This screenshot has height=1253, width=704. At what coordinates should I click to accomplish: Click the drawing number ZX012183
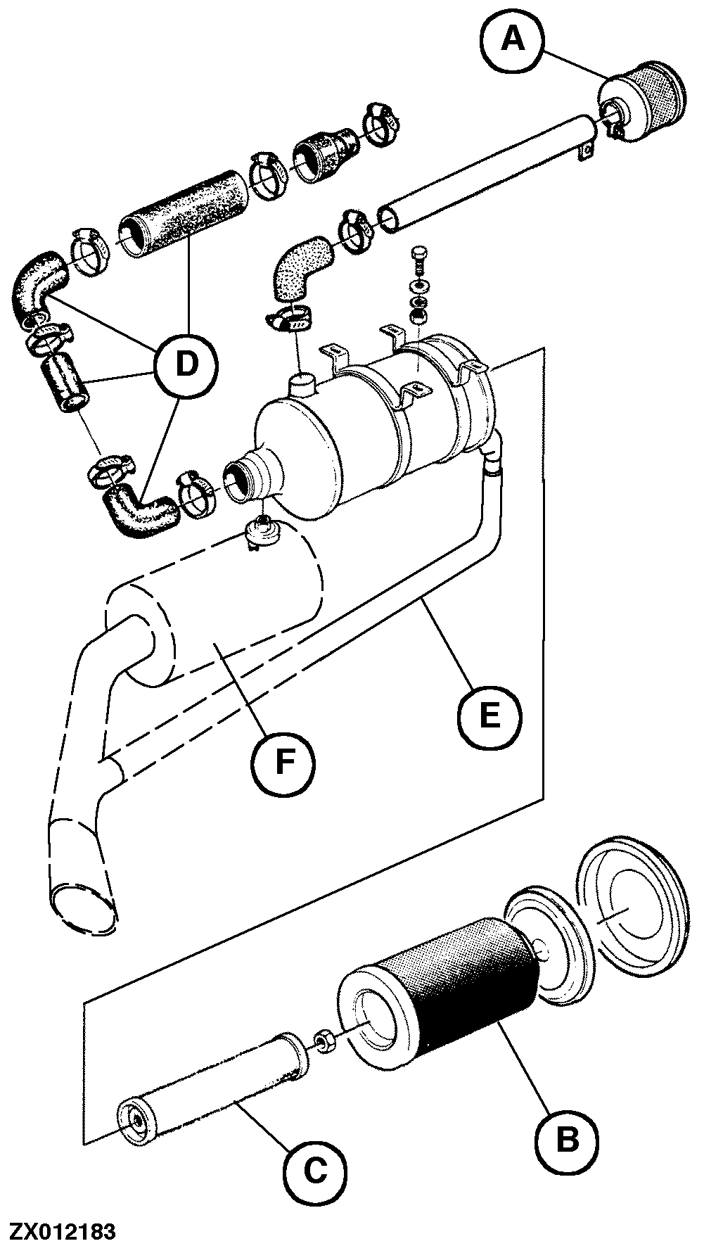coord(61,1232)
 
